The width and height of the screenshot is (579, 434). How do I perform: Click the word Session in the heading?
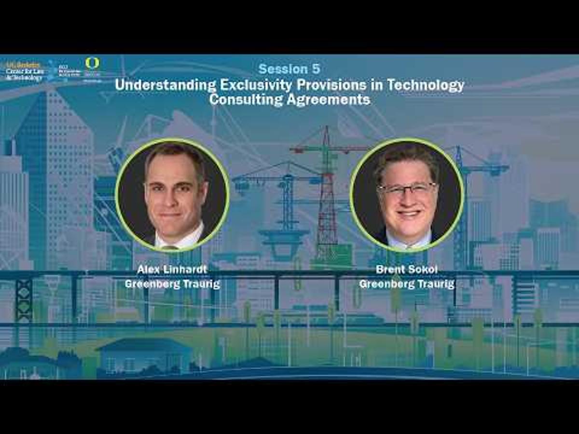point(282,69)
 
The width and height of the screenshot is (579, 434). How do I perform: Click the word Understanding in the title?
point(165,85)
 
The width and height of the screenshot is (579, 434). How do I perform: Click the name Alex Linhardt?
point(172,269)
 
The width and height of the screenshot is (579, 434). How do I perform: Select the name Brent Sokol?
point(407,269)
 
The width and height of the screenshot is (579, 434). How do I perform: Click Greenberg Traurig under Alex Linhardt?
point(172,284)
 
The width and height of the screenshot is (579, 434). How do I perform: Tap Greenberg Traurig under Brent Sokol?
point(407,284)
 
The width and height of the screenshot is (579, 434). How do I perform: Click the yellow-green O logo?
point(92,63)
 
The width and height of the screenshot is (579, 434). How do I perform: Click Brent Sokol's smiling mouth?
point(408,212)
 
